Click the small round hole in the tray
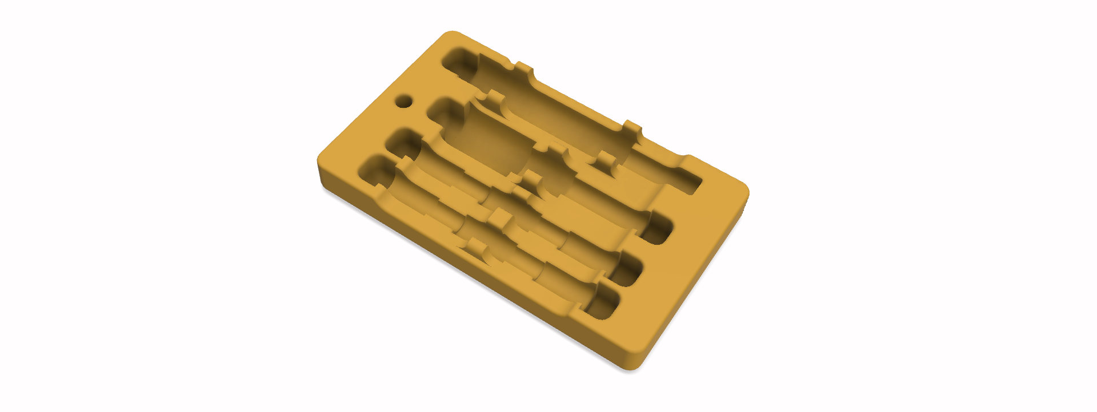pyautogui.click(x=404, y=102)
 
